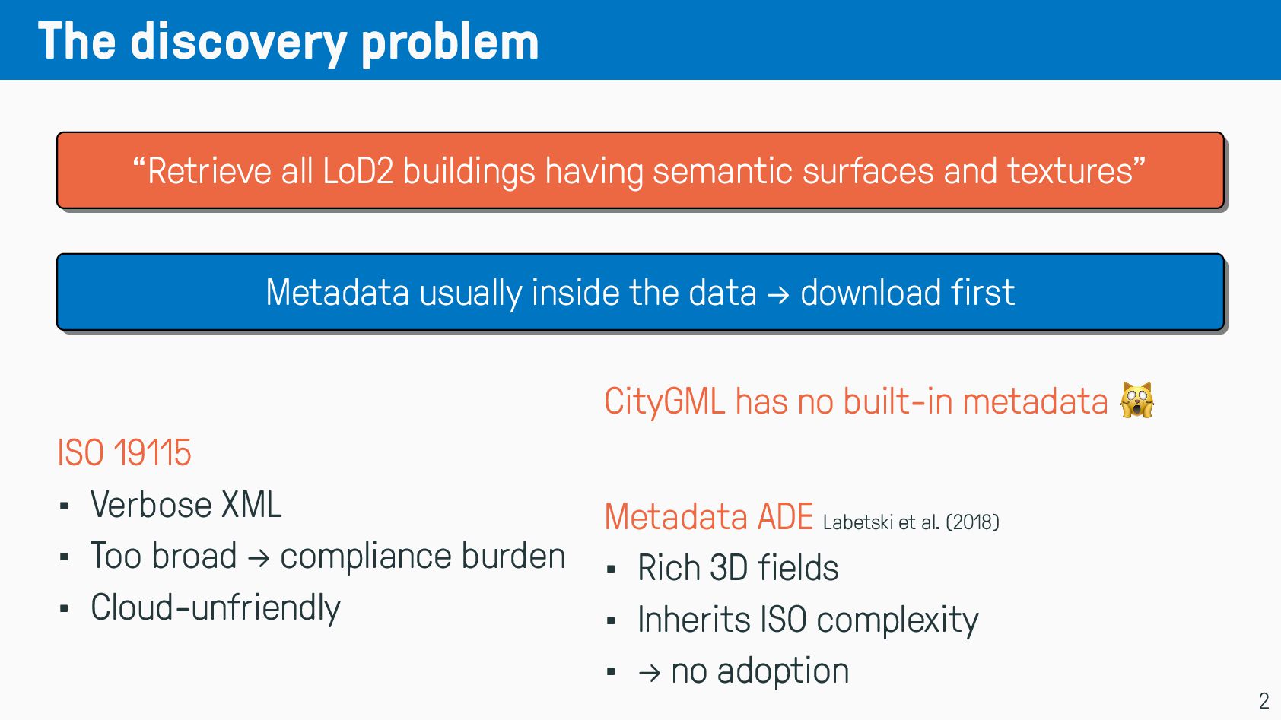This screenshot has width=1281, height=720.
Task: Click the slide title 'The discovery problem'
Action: click(288, 41)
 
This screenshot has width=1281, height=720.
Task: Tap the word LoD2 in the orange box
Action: click(358, 171)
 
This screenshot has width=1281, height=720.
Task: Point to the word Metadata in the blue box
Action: click(338, 293)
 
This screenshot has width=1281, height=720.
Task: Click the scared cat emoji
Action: click(1137, 400)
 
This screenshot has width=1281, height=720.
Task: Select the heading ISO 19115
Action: click(124, 453)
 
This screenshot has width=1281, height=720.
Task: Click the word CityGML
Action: click(665, 401)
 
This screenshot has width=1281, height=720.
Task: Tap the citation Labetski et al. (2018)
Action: click(911, 522)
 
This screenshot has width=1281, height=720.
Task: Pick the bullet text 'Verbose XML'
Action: click(186, 505)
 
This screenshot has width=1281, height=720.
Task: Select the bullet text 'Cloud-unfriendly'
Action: click(215, 607)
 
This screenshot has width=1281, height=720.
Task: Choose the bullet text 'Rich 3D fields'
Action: click(739, 568)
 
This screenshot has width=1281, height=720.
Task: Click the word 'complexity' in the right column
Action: click(898, 620)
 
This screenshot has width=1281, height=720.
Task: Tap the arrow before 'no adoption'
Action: click(650, 673)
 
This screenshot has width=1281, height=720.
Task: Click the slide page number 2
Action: click(1264, 700)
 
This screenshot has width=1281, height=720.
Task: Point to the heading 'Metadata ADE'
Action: click(708, 517)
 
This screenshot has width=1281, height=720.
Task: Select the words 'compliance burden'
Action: click(423, 557)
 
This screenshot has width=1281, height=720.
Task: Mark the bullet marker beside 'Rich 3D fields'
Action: click(611, 569)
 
